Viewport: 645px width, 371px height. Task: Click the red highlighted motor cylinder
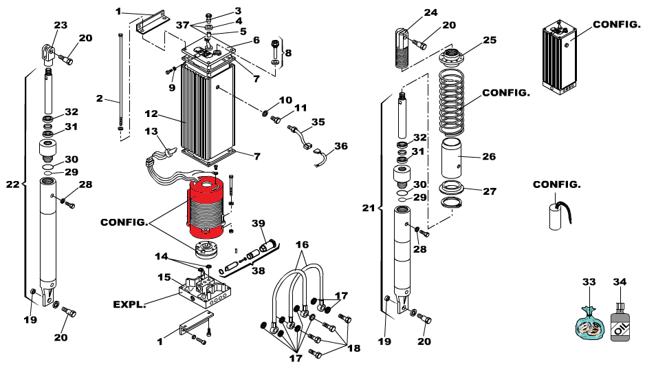click(206, 208)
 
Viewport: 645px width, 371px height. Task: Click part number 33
click(589, 282)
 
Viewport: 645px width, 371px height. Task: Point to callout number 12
click(151, 114)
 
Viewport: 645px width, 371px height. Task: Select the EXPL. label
click(129, 305)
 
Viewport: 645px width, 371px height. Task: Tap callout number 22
click(13, 184)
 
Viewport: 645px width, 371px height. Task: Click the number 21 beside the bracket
click(369, 208)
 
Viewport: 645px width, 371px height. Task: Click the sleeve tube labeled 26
click(451, 158)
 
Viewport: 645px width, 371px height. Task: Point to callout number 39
click(259, 223)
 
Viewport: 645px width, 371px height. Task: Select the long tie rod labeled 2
click(120, 83)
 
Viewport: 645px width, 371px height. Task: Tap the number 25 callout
click(490, 40)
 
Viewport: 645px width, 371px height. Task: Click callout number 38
click(259, 271)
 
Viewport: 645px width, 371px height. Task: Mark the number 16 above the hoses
click(302, 244)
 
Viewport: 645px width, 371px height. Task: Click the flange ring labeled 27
click(451, 189)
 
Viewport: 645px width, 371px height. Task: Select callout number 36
click(341, 146)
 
